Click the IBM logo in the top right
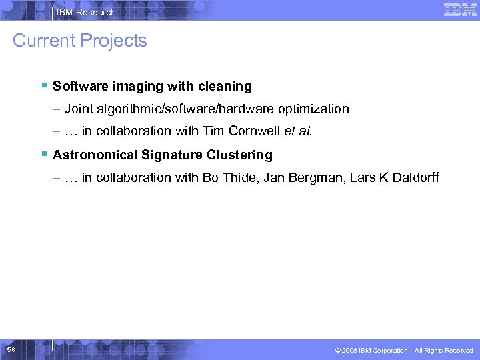[x=460, y=9]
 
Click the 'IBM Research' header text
[x=86, y=12]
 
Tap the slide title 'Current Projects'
[x=80, y=41]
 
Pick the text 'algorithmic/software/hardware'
[x=176, y=109]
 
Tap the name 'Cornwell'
[x=257, y=131]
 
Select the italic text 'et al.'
[x=298, y=131]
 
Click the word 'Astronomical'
[x=95, y=155]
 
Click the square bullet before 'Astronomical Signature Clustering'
[x=43, y=154]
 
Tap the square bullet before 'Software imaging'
[x=43, y=85]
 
